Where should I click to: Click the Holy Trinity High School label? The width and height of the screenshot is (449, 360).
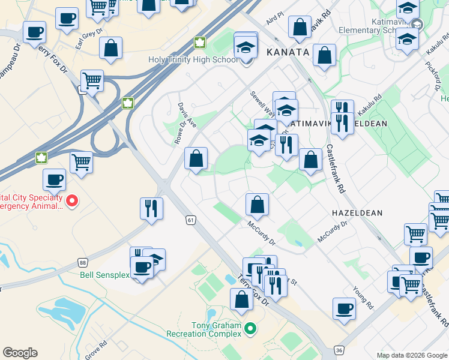pos(193,59)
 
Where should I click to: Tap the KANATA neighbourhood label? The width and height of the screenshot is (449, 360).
pos(288,52)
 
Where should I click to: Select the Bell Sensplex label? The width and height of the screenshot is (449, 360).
pos(105,275)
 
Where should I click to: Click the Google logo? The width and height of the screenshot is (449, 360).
pos(20,353)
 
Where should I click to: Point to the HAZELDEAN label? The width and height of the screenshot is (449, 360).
pos(357,213)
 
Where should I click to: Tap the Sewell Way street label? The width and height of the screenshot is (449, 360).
pos(263,102)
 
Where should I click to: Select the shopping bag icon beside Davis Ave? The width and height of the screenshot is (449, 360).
pos(196,159)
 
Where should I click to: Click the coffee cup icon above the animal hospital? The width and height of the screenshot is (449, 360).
pos(54,179)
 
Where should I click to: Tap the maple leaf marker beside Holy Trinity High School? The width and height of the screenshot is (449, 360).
pos(199,43)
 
